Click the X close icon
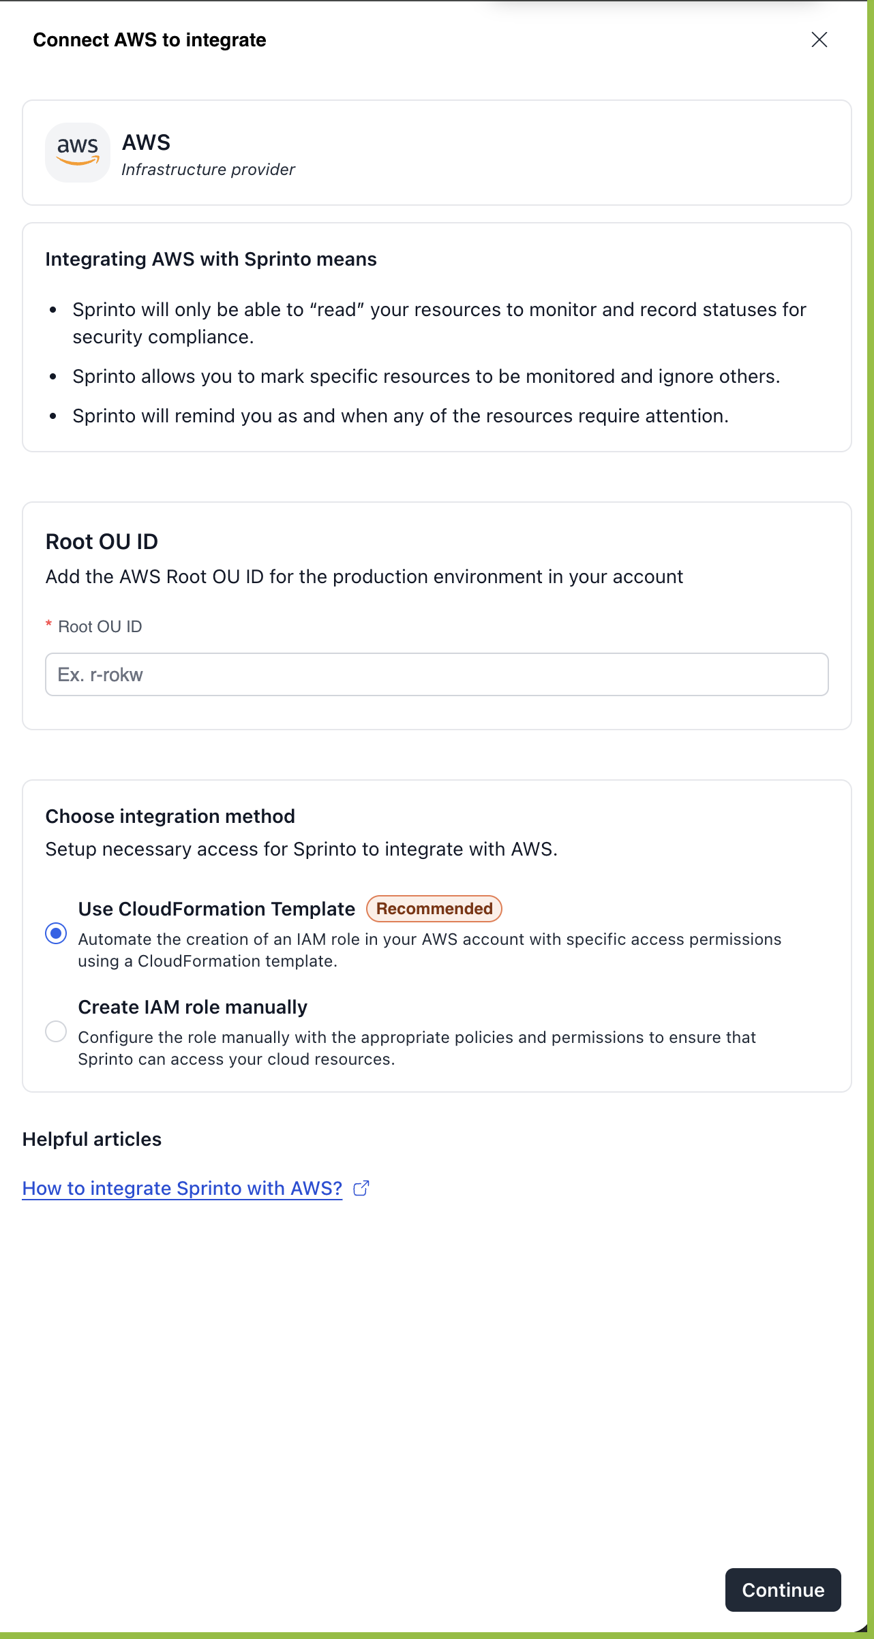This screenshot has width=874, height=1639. [x=819, y=40]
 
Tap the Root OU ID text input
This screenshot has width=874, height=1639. [x=436, y=674]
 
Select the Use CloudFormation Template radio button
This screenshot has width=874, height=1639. [x=56, y=933]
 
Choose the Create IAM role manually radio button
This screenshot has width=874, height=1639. [x=56, y=1031]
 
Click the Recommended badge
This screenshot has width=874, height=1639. [x=434, y=909]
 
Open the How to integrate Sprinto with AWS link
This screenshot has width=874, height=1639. [x=182, y=1188]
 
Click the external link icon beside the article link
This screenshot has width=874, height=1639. [x=361, y=1188]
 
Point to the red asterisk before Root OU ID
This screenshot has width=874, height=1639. [x=48, y=625]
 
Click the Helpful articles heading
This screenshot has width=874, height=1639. [x=92, y=1139]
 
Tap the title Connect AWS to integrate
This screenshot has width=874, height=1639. [x=149, y=40]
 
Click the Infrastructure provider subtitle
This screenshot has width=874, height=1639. [x=208, y=170]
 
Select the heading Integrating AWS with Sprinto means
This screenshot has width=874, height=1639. [x=211, y=260]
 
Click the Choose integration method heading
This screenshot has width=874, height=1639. [x=170, y=816]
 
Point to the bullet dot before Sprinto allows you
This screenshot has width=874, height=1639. [x=53, y=377]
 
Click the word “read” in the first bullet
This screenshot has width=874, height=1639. [x=337, y=310]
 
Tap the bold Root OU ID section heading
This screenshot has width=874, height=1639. [x=102, y=542]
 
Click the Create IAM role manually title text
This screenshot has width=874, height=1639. [x=192, y=1007]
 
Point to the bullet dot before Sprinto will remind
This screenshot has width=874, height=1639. [x=53, y=416]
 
